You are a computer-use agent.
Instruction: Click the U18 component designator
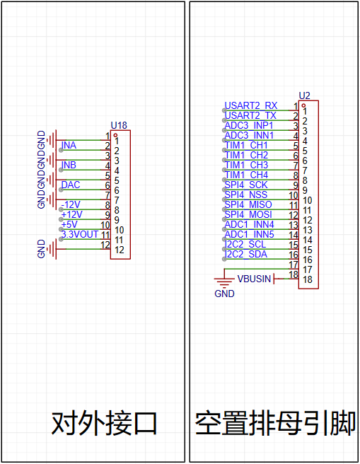(x=119, y=125)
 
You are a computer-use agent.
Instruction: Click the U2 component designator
(x=304, y=95)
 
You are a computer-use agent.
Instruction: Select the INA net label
(x=69, y=145)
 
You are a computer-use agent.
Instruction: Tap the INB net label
(x=69, y=165)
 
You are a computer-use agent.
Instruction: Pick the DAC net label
(x=71, y=185)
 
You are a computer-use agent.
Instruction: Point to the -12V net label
(x=71, y=205)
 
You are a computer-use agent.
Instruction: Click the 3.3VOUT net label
(x=80, y=234)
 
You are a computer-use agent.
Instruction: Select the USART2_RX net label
(x=251, y=105)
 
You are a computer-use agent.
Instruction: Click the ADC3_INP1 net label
(x=249, y=125)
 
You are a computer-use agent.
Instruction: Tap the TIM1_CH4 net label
(x=246, y=175)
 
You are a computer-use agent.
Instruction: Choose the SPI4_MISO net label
(x=248, y=204)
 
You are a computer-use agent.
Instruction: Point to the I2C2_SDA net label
(x=246, y=254)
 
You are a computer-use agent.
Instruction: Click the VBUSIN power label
(x=254, y=279)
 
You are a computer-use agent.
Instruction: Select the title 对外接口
(x=104, y=423)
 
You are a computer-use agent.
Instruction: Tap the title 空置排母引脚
(x=275, y=423)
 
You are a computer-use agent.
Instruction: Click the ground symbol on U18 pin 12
(x=52, y=249)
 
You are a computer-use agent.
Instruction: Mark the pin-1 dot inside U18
(x=115, y=135)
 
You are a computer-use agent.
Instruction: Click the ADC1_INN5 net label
(x=250, y=234)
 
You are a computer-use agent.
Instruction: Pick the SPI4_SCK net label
(x=246, y=185)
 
